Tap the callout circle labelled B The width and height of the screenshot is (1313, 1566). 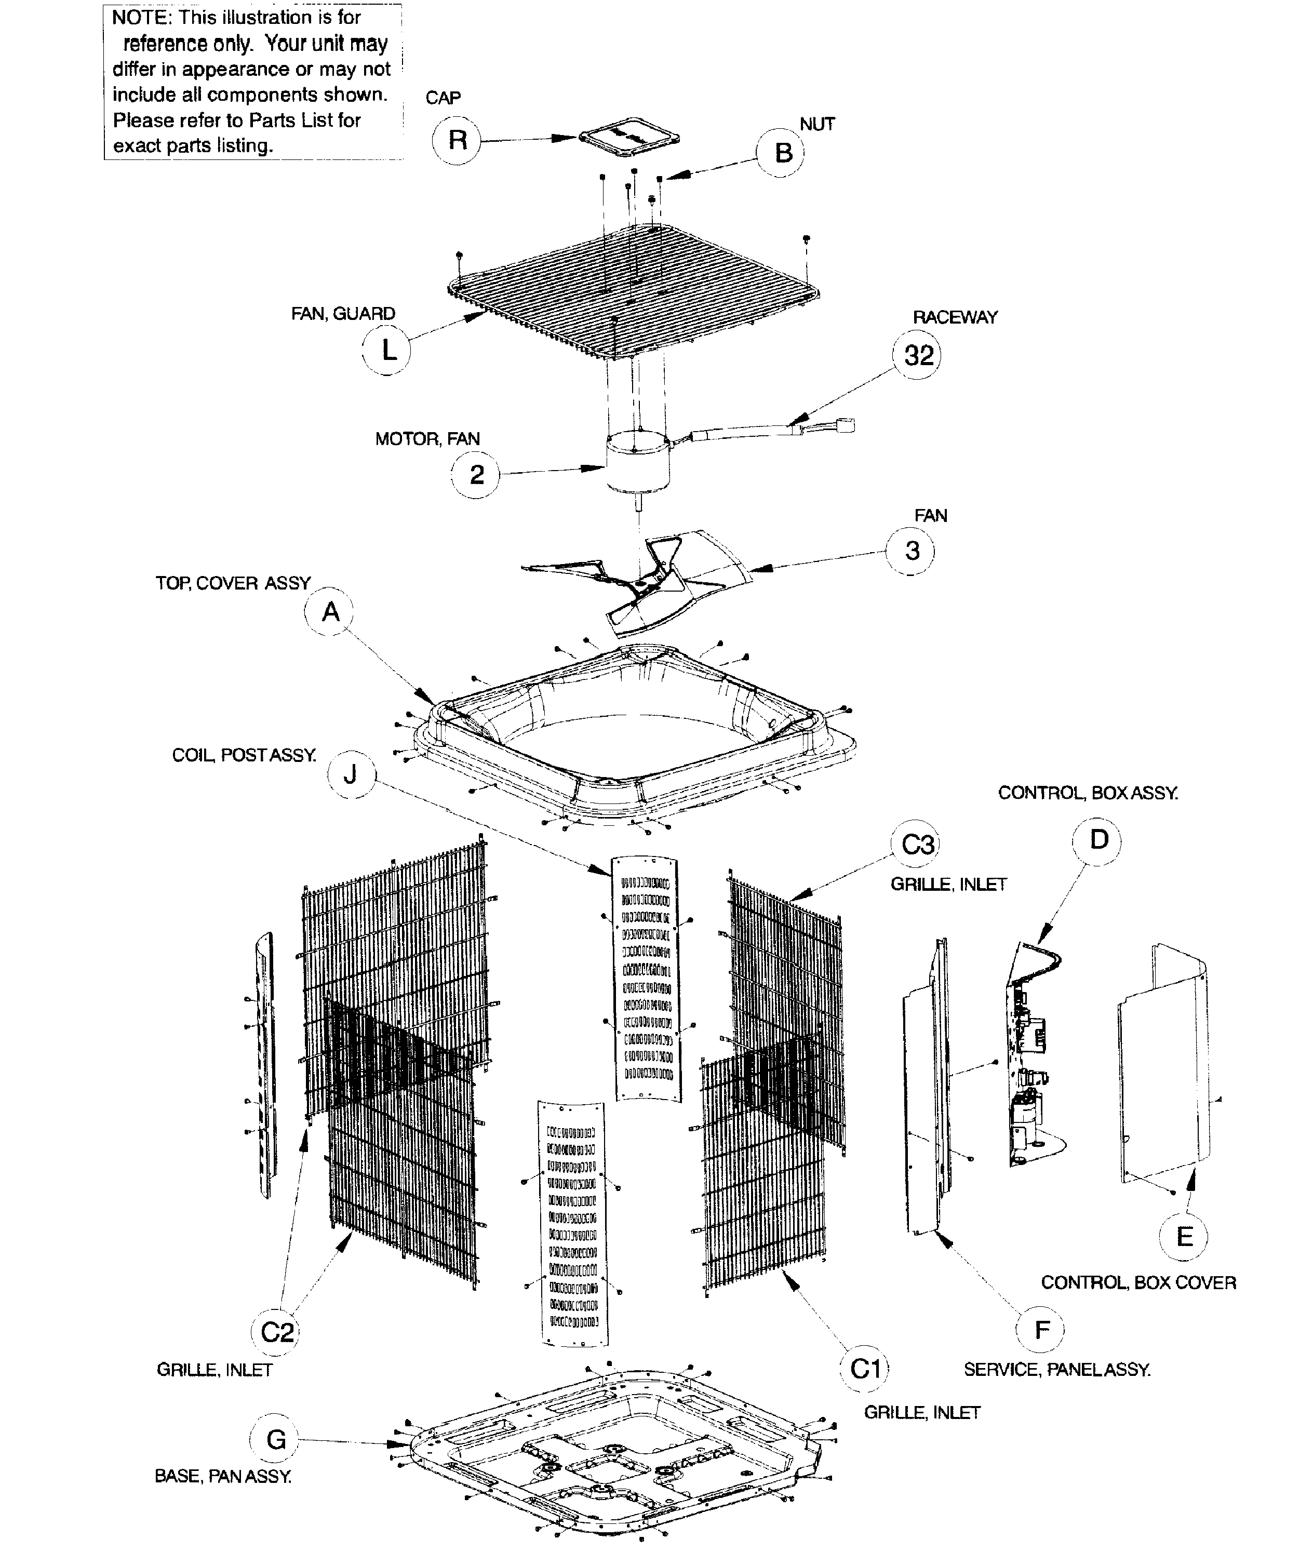tap(783, 153)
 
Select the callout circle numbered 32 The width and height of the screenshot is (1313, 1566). tap(918, 356)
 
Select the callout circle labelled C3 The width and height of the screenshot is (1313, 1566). tap(916, 845)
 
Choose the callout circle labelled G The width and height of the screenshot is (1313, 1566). tap(275, 1439)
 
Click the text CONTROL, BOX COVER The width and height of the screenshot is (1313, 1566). tap(1138, 1282)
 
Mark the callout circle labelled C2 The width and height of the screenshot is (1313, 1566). tap(277, 1332)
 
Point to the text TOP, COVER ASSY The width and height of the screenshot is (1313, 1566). tap(233, 583)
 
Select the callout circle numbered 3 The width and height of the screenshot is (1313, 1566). tap(911, 551)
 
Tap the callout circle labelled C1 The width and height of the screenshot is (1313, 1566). tap(866, 1369)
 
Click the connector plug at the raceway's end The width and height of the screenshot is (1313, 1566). tap(846, 426)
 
